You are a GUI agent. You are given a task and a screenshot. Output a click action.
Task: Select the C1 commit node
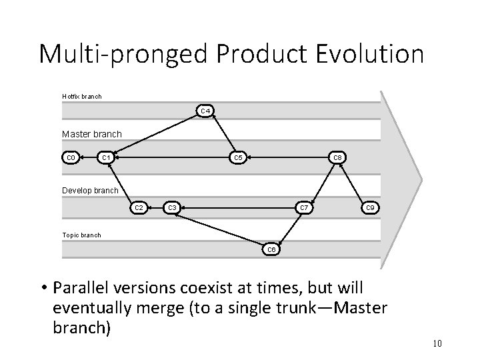pyautogui.click(x=104, y=158)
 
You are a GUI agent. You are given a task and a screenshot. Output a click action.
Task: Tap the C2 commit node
pyautogui.click(x=138, y=208)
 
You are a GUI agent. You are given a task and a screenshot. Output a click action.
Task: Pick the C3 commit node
pyautogui.click(x=172, y=208)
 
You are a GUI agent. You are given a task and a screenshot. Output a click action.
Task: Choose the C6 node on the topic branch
pyautogui.click(x=271, y=249)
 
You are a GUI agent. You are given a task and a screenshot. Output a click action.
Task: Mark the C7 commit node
pyautogui.click(x=304, y=208)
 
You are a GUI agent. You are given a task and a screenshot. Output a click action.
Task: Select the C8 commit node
pyautogui.click(x=337, y=158)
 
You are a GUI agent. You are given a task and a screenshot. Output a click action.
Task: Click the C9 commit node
pyautogui.click(x=371, y=208)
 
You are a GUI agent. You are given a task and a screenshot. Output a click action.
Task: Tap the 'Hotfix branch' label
pyautogui.click(x=81, y=96)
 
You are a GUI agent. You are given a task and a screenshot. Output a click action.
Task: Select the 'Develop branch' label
pyautogui.click(x=90, y=190)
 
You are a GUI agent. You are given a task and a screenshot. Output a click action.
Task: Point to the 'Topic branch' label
pyautogui.click(x=81, y=235)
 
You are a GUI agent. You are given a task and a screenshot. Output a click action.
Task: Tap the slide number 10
pyautogui.click(x=437, y=343)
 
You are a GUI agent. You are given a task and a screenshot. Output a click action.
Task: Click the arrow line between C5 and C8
pyautogui.click(x=287, y=158)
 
